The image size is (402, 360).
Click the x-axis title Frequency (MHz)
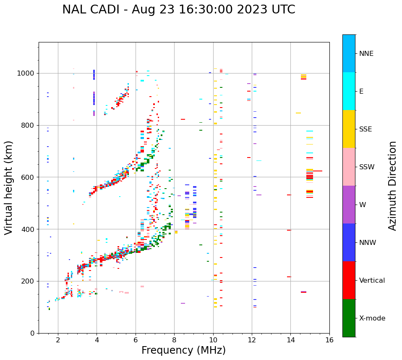coord(183,350)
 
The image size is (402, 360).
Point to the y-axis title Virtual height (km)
coord(9,188)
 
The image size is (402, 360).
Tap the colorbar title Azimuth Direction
coord(392,186)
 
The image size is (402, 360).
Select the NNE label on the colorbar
coord(366,54)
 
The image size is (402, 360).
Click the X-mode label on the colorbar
coord(372,318)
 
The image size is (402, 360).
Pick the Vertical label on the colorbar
coord(372,281)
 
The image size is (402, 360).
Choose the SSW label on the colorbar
coord(367,167)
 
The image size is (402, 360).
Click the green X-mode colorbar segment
coord(349,318)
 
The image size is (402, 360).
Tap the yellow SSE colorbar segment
coord(349,129)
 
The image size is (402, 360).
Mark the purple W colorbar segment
coord(349,205)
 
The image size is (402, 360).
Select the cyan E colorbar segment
coord(349,91)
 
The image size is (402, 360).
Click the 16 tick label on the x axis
coord(329,340)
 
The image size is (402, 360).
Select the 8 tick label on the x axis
coord(174,340)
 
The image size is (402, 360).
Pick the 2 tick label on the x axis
coord(58,340)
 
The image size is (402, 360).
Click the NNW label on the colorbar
coord(368,243)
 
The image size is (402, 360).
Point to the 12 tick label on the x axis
coord(252,340)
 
